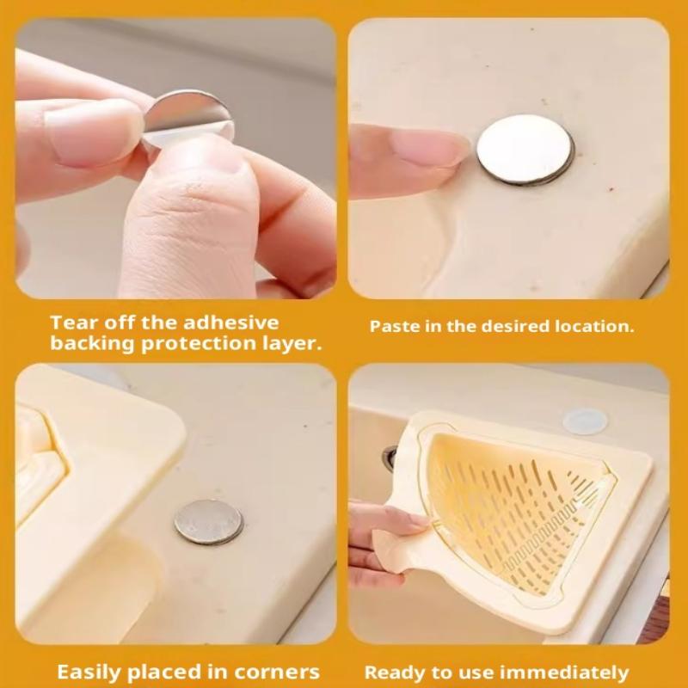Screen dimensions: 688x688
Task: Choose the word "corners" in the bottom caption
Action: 277,673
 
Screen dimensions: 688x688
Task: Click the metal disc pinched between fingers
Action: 188,115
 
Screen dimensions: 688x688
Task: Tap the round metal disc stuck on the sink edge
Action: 525,149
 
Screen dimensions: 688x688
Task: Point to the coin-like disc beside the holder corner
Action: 208,522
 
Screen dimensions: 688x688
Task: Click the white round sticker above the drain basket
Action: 586,421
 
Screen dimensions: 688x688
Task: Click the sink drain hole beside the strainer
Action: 390,458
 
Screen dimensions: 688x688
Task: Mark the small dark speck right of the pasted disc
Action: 611,189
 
